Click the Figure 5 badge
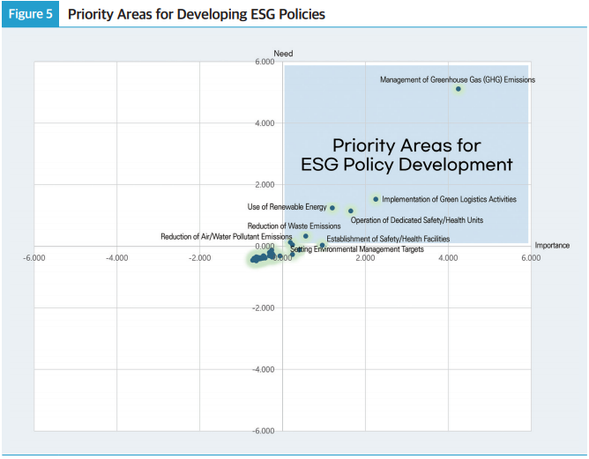pyautogui.click(x=30, y=14)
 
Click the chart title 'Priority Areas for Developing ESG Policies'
pyautogui.click(x=196, y=14)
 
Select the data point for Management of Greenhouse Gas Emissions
pyautogui.click(x=459, y=89)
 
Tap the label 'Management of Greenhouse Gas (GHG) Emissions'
pyautogui.click(x=457, y=79)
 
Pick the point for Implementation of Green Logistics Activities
pyautogui.click(x=376, y=199)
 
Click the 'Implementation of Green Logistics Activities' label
pyautogui.click(x=449, y=200)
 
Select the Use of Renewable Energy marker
pyautogui.click(x=332, y=208)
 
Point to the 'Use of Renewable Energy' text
pyautogui.click(x=287, y=207)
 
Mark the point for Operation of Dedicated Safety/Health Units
pyautogui.click(x=351, y=211)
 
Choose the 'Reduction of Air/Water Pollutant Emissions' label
pyautogui.click(x=226, y=236)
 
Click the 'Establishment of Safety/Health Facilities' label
pyautogui.click(x=388, y=239)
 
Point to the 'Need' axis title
pyautogui.click(x=283, y=54)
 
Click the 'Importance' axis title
pyautogui.click(x=552, y=244)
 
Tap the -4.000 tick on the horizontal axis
pyautogui.click(x=117, y=257)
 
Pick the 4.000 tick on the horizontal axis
pyautogui.click(x=448, y=257)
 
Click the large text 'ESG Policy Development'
pyautogui.click(x=406, y=165)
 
